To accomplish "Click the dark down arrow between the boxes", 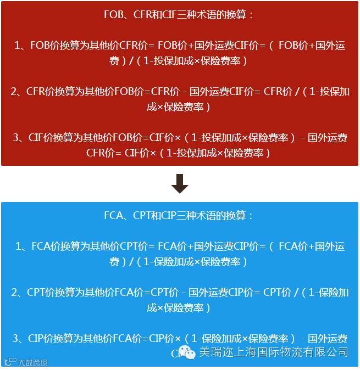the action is coord(180,184).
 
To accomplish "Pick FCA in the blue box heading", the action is coord(114,216).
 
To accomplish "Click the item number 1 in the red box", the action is coord(18,46).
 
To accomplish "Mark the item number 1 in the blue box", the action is coord(19,246).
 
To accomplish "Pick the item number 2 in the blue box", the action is coord(15,293).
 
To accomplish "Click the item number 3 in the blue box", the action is coord(16,339).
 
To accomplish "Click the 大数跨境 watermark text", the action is coord(32,362).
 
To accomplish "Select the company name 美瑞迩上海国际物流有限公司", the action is coord(273,352).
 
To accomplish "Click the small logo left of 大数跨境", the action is coord(10,362).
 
